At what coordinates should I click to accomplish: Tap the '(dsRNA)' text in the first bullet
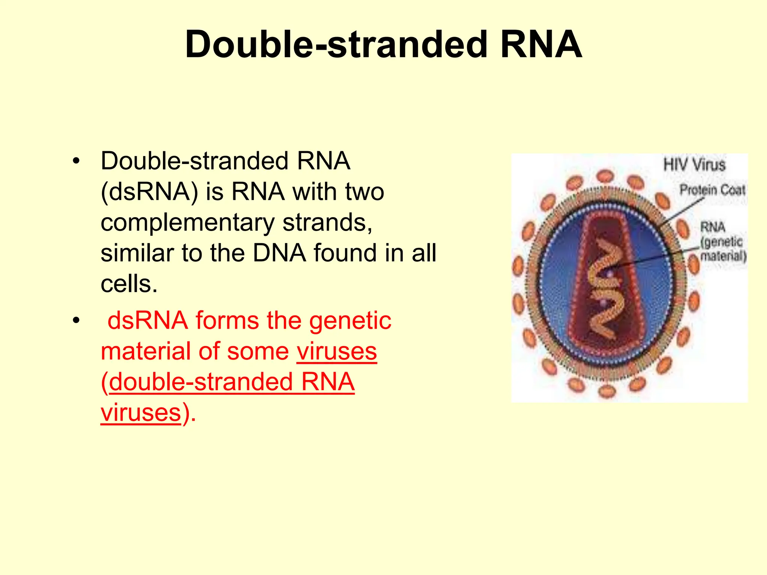tap(149, 192)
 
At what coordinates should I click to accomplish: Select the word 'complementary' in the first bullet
tap(188, 223)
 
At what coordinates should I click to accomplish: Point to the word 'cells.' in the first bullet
tap(129, 284)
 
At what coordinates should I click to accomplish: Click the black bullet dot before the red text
tap(76, 321)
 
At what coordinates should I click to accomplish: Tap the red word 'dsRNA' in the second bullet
tap(148, 321)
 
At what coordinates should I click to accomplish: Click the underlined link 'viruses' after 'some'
tap(337, 352)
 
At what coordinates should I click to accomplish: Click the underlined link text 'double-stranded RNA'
tap(231, 382)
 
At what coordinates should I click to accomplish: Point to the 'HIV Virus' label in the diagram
tap(694, 165)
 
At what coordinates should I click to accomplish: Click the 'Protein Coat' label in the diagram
tap(712, 190)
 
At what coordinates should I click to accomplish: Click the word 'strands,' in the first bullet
tap(327, 223)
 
